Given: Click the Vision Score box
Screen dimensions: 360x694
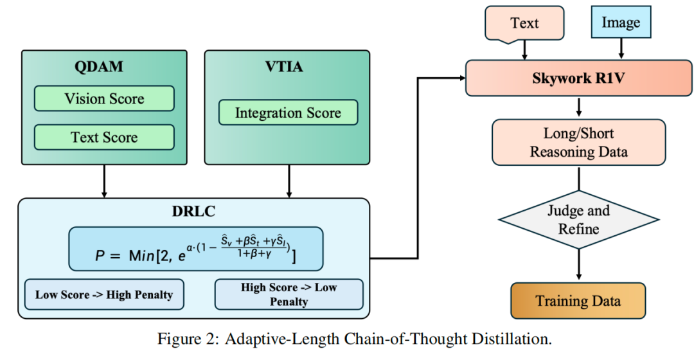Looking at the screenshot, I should (104, 99).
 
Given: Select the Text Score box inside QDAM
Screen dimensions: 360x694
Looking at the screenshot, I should (104, 137).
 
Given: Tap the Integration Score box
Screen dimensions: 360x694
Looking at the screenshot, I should (288, 113).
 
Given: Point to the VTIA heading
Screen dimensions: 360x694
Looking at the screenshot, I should (287, 67).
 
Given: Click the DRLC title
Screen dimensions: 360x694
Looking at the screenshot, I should (193, 212).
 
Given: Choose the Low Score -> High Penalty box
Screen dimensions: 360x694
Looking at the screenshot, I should (104, 294).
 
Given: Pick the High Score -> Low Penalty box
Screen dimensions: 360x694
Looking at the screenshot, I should (289, 294).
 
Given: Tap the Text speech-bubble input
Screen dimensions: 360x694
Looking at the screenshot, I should (525, 23).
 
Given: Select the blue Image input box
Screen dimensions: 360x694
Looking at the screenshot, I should (621, 23).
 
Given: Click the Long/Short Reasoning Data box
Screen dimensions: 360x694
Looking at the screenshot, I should (578, 143).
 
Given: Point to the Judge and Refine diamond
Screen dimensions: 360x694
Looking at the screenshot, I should (578, 220).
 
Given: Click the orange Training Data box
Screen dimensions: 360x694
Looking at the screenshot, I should (578, 301).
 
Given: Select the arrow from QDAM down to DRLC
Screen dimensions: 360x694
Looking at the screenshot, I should (104, 181).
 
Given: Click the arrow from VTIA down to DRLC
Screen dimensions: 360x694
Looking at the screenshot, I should (287, 181).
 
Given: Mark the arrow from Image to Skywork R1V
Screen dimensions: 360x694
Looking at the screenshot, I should (621, 48).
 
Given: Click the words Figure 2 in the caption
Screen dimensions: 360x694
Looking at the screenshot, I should (186, 339).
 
